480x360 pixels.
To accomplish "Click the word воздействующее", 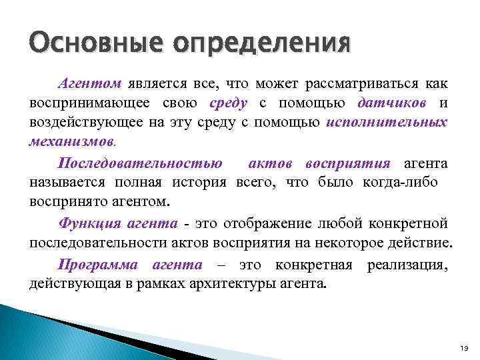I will (83, 123).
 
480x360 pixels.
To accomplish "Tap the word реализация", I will (406, 264).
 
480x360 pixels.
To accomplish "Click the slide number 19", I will (465, 349).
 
